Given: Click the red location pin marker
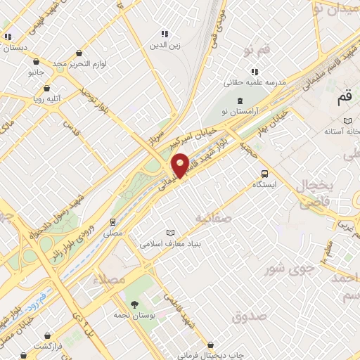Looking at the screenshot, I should (x=181, y=165).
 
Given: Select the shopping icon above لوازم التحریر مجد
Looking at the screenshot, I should (x=79, y=53).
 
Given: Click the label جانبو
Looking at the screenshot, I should (x=36, y=72).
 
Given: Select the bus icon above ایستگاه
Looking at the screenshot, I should (x=264, y=174).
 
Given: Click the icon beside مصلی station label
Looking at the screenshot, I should (x=112, y=221).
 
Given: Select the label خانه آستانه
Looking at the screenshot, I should (x=342, y=131).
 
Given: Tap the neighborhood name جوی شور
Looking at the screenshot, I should (x=287, y=268).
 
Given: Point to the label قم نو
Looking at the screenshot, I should (x=257, y=51).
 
